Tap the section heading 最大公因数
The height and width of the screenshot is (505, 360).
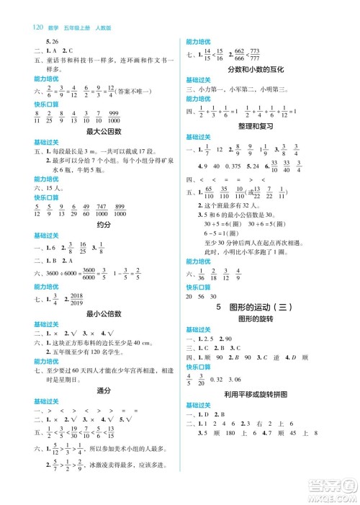tap(102, 131)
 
